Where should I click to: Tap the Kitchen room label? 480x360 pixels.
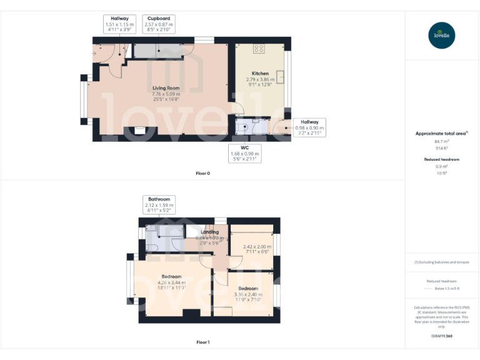(260, 74)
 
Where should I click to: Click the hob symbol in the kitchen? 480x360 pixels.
(259, 49)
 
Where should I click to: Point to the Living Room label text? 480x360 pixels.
(166, 89)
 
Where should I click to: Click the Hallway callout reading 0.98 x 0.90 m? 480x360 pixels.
(309, 127)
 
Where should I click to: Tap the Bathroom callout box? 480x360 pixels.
(159, 205)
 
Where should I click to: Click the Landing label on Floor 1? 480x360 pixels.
(209, 232)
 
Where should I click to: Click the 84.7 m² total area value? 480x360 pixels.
(442, 142)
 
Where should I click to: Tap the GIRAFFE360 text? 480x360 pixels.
(442, 336)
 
